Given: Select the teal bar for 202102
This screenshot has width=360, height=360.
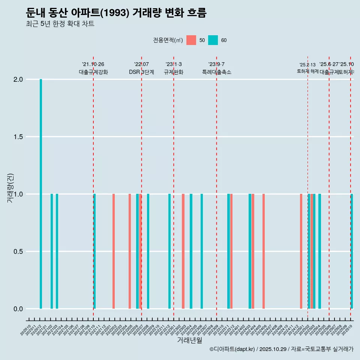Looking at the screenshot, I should [52, 251].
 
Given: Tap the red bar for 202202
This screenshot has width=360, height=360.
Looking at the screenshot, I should [114, 251].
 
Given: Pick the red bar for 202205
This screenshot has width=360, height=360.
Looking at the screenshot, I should [130, 251].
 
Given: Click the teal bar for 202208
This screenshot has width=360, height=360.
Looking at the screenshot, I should [148, 251].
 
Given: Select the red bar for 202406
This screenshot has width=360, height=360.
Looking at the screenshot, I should [264, 251].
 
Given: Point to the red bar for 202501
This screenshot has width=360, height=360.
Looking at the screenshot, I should [301, 251].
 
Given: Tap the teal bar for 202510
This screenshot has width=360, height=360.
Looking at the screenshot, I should [352, 251].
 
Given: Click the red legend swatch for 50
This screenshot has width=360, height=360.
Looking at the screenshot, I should [191, 40].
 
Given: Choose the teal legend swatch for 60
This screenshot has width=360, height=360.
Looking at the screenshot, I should [213, 40].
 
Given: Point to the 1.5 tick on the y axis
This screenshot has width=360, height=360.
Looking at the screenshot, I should [18, 137].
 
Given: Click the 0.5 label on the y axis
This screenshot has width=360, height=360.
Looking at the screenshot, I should [18, 252].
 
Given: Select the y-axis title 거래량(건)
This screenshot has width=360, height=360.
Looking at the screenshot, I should [10, 188].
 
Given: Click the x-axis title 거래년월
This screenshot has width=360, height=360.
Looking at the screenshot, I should [189, 340].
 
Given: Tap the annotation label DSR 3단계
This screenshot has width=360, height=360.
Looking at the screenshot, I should [141, 72].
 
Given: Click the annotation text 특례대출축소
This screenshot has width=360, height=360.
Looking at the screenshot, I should [217, 72].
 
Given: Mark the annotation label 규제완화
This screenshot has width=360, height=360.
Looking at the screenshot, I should [174, 72].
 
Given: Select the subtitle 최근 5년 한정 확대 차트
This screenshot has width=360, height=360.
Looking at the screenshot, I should [60, 24].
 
